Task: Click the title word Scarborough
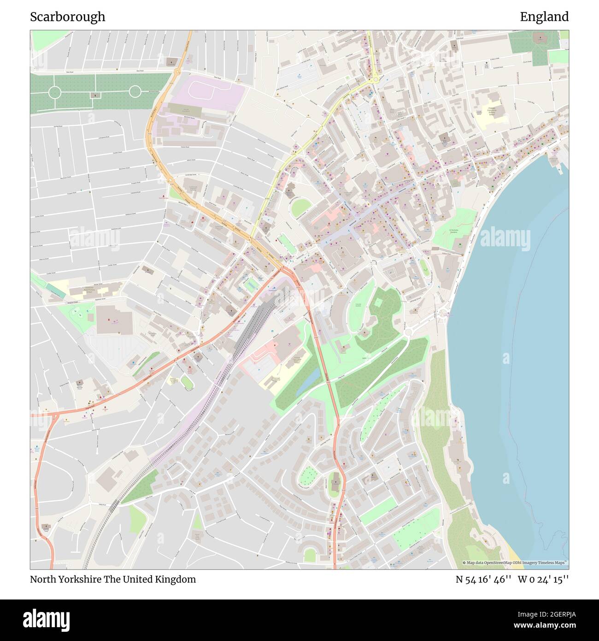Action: tap(68, 17)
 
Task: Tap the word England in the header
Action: tap(544, 17)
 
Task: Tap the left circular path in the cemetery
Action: tap(54, 92)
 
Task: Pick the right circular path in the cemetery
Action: tap(135, 91)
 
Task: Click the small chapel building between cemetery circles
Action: tap(95, 95)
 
